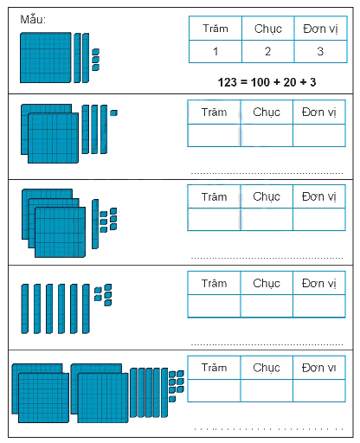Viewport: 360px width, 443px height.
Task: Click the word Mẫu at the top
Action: pyautogui.click(x=32, y=20)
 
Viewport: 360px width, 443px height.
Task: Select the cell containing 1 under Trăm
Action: pyautogui.click(x=215, y=51)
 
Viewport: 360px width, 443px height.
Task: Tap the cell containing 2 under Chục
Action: pyautogui.click(x=268, y=51)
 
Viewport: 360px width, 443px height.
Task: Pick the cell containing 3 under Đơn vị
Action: pyautogui.click(x=320, y=51)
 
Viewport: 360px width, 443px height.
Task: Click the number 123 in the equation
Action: pyautogui.click(x=228, y=82)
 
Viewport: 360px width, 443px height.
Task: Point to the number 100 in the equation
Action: pyautogui.click(x=260, y=82)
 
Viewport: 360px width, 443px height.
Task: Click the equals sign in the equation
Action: pyautogui.click(x=244, y=82)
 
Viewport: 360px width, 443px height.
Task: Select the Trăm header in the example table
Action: pyautogui.click(x=215, y=29)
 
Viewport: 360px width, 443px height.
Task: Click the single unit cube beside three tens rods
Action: pyautogui.click(x=114, y=112)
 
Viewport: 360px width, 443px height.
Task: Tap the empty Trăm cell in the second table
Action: pyautogui.click(x=214, y=135)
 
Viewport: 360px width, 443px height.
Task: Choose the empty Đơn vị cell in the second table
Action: pyautogui.click(x=319, y=135)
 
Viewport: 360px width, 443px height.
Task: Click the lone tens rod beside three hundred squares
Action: pyautogui.click(x=95, y=224)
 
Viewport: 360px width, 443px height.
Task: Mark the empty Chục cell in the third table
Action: pyautogui.click(x=267, y=219)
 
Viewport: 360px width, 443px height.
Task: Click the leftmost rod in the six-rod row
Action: pyautogui.click(x=25, y=309)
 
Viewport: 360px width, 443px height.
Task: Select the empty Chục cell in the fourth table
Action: pyautogui.click(x=267, y=305)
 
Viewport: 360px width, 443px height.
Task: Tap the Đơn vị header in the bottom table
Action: pyautogui.click(x=319, y=368)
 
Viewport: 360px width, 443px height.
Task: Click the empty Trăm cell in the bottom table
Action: pyautogui.click(x=214, y=390)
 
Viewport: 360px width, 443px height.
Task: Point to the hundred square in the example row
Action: pyautogui.click(x=46, y=58)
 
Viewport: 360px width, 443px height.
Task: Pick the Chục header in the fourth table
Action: pyautogui.click(x=267, y=283)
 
